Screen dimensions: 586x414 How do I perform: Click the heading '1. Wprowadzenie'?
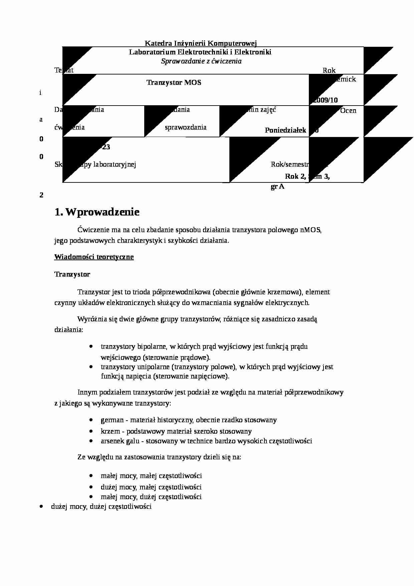(97, 212)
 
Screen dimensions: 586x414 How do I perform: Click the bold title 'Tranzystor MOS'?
(174, 83)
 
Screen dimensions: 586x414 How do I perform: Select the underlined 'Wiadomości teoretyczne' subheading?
(94, 257)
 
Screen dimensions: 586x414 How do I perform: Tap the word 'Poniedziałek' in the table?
(285, 130)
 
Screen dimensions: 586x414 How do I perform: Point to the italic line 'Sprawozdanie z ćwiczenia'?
(201, 61)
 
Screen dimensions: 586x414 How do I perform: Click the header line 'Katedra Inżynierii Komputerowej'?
(200, 43)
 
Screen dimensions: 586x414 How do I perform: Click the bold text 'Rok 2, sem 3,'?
(307, 176)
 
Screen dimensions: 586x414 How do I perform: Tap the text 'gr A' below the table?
(277, 187)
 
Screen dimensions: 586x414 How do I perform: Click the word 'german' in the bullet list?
(112, 420)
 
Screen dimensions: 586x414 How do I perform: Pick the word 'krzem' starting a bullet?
(110, 431)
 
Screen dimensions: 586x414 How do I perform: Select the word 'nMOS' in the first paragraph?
(310, 230)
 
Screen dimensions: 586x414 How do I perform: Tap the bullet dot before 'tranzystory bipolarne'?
(91, 346)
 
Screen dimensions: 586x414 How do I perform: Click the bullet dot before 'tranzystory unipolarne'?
(91, 367)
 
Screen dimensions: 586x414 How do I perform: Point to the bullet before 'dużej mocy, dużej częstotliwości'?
(41, 506)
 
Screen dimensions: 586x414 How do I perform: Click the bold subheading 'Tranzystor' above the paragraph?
(72, 274)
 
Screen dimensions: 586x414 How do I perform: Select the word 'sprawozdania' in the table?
(186, 127)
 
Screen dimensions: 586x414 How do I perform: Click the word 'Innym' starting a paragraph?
(87, 392)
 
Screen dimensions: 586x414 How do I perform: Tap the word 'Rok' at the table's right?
(329, 70)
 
